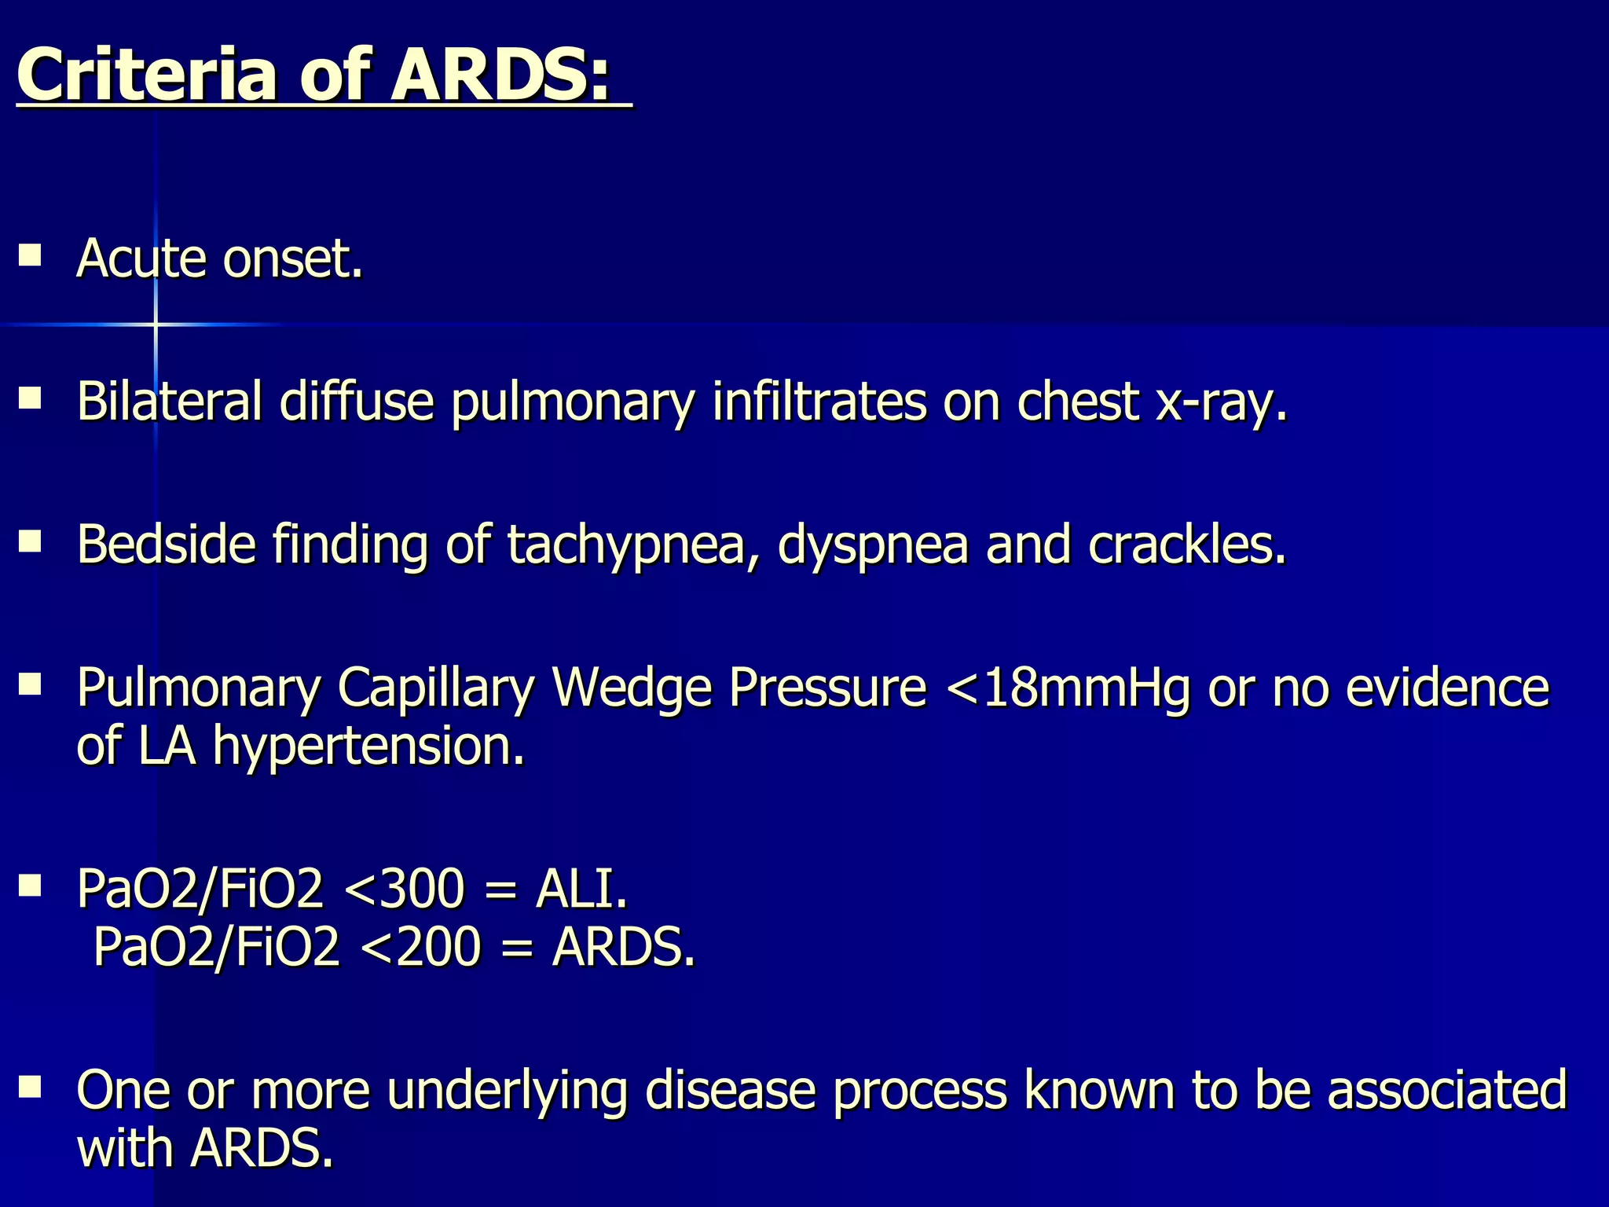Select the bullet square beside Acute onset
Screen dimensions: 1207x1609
click(x=30, y=255)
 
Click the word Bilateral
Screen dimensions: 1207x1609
click(x=169, y=401)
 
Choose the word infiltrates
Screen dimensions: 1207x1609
click(x=819, y=401)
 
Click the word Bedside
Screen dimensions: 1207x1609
click(x=167, y=544)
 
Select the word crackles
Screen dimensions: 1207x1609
click(x=1187, y=544)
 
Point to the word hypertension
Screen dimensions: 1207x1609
click(x=368, y=747)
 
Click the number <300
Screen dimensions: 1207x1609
click(x=405, y=890)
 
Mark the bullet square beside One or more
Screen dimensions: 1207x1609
click(x=30, y=1087)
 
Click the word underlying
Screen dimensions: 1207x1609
click(x=508, y=1091)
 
